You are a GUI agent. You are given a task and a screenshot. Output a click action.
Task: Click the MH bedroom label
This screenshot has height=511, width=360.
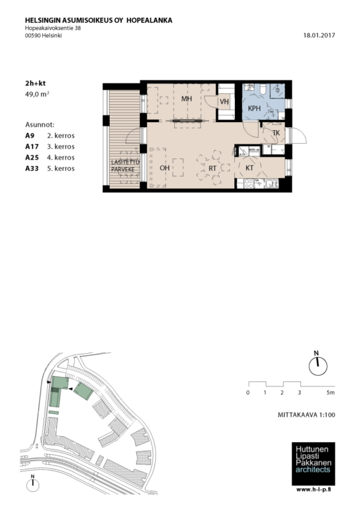(x=186, y=98)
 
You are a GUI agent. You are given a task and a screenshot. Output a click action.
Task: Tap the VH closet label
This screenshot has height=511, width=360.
(x=224, y=102)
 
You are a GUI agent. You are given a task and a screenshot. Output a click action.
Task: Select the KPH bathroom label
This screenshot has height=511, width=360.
(x=254, y=108)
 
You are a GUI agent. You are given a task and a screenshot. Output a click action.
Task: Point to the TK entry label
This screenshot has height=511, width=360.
(x=276, y=133)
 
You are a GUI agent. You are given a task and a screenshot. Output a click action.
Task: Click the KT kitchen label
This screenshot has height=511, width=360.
(x=250, y=168)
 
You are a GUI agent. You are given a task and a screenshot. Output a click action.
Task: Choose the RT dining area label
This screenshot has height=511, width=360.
(x=213, y=169)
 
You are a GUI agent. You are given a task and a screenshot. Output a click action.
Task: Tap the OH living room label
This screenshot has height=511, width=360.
(x=165, y=168)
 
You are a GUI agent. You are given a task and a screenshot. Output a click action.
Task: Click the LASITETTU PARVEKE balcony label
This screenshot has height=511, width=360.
(x=126, y=166)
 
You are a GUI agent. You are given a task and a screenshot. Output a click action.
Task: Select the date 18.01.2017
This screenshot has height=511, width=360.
(x=319, y=36)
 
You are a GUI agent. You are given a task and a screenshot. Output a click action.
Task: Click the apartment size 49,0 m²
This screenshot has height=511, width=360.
(x=37, y=94)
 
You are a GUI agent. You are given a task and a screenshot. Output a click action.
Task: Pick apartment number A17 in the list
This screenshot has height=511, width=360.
(x=32, y=147)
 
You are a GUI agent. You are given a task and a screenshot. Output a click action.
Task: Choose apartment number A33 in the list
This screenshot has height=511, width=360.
(x=32, y=169)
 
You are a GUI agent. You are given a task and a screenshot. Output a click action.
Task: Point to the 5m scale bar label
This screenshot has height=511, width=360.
(x=331, y=392)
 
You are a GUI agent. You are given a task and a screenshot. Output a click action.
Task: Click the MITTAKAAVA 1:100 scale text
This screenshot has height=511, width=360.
(x=306, y=415)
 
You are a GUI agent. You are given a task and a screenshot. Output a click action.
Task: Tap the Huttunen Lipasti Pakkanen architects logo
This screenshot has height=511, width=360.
(x=313, y=464)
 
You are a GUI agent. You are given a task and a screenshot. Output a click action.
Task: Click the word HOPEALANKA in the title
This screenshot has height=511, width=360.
(x=149, y=20)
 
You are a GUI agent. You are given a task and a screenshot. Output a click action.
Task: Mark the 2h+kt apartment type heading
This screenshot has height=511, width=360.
(x=35, y=84)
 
